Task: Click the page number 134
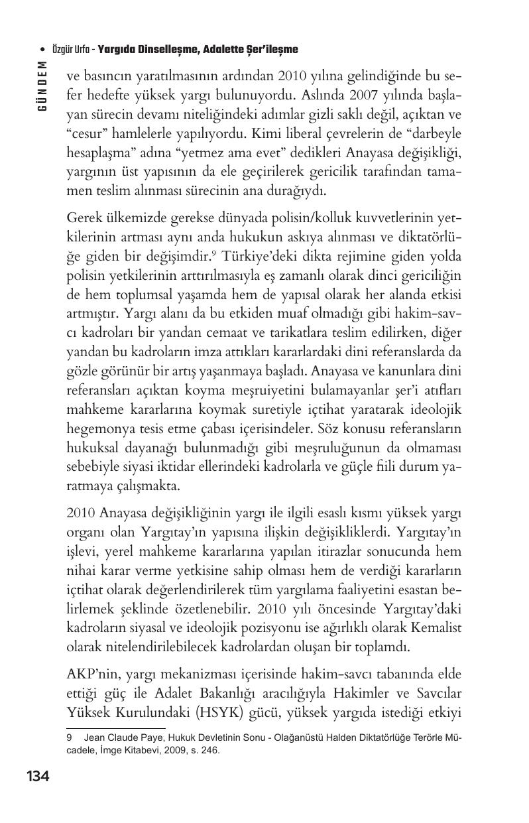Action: click(x=38, y=776)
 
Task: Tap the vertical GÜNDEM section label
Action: click(x=43, y=87)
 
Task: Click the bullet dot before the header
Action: click(x=43, y=50)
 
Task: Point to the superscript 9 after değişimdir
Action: click(x=215, y=253)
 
